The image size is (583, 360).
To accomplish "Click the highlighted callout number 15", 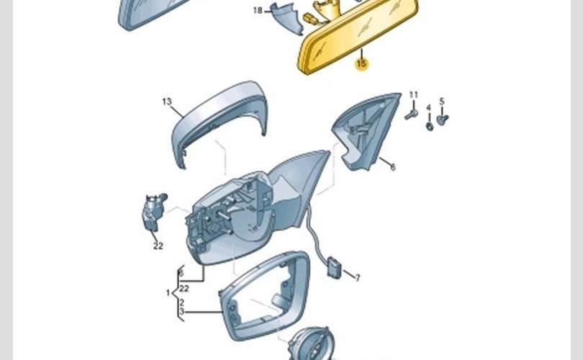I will tap(361, 64).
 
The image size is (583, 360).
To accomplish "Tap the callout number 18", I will tap(258, 11).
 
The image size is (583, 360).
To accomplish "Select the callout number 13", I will tap(167, 102).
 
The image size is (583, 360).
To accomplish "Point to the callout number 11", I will tap(413, 95).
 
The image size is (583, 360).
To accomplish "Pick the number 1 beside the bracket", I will tap(168, 293).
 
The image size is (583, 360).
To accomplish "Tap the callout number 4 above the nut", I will tap(428, 109).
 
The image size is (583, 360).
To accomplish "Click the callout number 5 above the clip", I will tap(442, 102).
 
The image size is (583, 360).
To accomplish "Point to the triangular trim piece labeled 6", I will tap(363, 133).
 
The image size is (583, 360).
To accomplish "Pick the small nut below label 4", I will tap(430, 126).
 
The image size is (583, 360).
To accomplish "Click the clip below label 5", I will tap(443, 118).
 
